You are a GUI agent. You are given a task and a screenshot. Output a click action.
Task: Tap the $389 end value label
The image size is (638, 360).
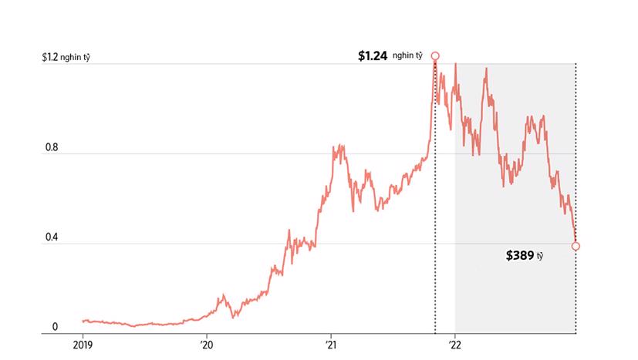519,255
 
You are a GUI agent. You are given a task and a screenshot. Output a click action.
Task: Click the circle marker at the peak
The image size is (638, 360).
435,56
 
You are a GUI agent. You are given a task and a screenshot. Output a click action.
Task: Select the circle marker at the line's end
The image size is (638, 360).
576,247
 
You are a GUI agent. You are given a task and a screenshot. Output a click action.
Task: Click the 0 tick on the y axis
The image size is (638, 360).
55,328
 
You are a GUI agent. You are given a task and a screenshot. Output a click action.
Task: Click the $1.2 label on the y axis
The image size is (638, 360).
51,57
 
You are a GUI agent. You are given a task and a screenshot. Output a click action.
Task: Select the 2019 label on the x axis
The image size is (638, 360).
83,345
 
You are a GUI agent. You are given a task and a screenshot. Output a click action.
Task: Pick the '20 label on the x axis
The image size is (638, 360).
207,345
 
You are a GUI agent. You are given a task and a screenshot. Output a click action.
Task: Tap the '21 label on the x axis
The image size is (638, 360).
330,345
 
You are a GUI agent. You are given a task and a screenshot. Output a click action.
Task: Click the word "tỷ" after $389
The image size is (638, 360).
540,256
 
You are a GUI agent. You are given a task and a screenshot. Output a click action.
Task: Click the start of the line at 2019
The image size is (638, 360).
83,320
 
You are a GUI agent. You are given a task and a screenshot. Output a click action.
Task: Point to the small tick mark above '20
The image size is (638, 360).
207,336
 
